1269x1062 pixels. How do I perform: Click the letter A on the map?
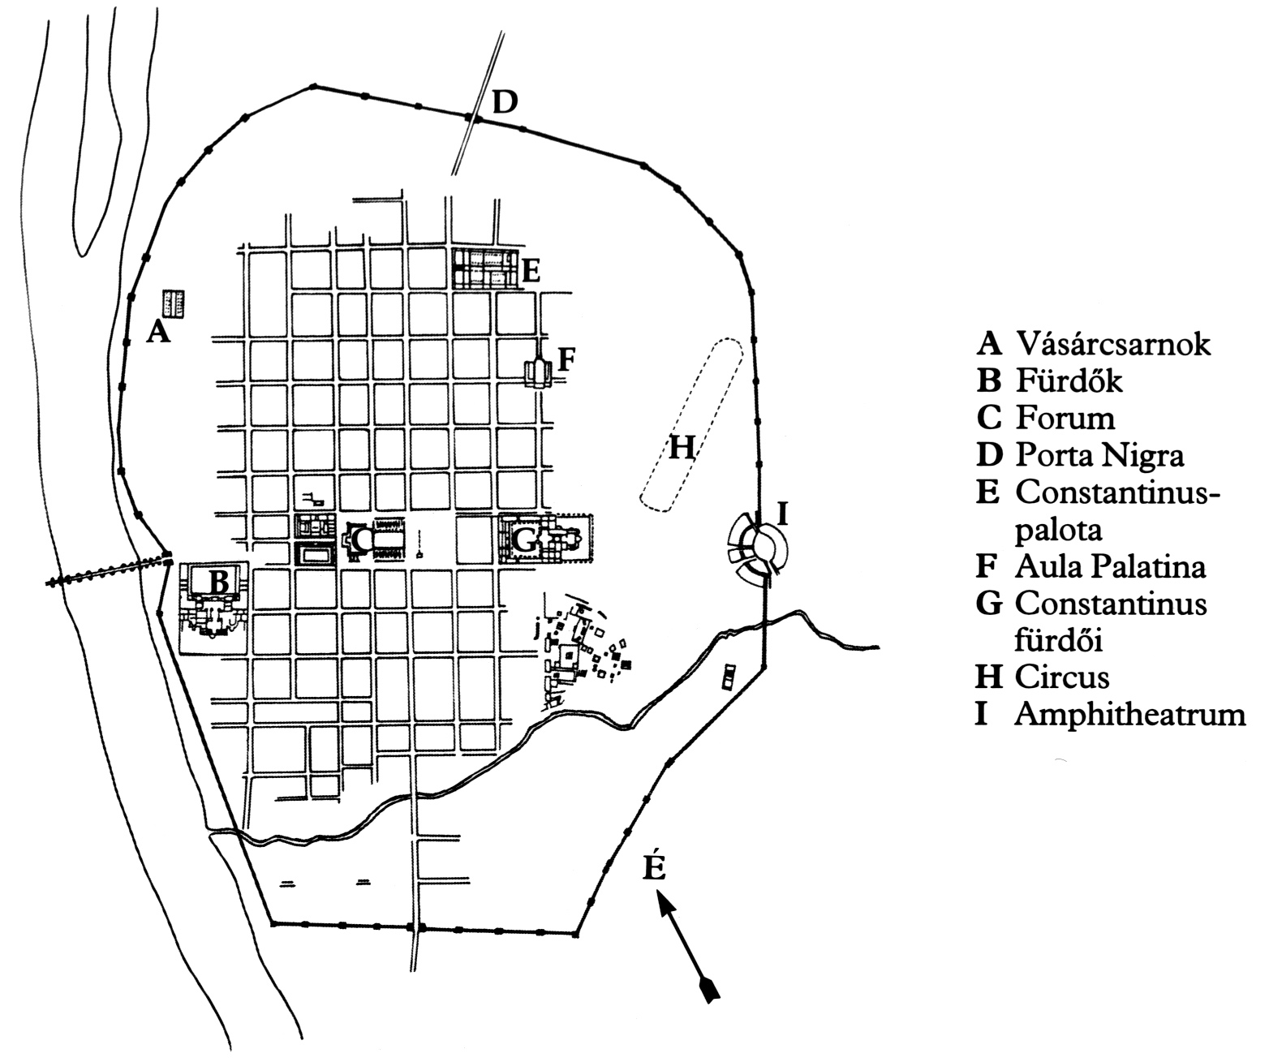[x=158, y=331]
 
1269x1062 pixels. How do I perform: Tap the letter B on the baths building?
[x=219, y=581]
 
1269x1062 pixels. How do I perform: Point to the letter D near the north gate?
[x=504, y=102]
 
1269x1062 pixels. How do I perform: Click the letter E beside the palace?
[x=531, y=270]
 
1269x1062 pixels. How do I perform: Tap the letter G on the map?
[x=526, y=538]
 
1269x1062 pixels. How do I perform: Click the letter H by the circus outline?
[x=682, y=446]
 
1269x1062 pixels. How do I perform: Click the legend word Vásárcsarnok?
[x=1112, y=344]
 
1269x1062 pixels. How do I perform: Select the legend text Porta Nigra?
[x=1099, y=455]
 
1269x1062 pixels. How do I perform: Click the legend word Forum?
[x=1065, y=418]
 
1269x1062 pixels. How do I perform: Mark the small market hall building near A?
[x=173, y=303]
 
